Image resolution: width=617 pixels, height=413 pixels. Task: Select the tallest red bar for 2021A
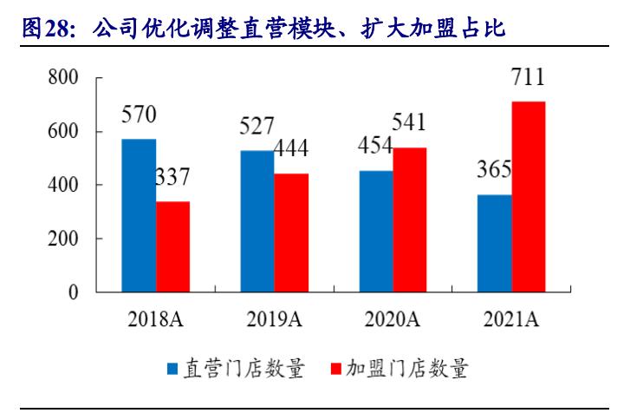(529, 197)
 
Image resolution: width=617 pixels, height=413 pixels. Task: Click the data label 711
(528, 78)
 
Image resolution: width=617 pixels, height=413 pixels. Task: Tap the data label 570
(139, 115)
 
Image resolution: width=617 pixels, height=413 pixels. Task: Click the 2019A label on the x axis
(274, 321)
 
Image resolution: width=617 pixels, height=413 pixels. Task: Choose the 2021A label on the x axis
(511, 321)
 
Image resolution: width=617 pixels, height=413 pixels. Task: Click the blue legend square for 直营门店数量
(173, 370)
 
